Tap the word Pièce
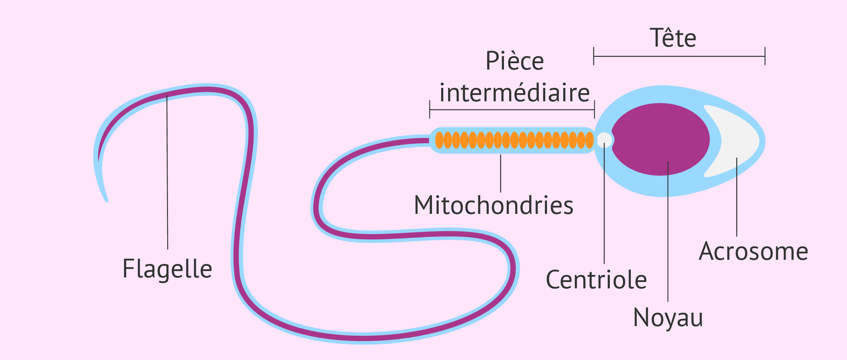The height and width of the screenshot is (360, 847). coord(515,61)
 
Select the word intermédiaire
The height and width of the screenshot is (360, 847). coord(515,93)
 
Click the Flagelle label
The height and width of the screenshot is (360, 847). coord(167,269)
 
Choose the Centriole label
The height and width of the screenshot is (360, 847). coord(596,280)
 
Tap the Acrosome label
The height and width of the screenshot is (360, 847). coord(753,251)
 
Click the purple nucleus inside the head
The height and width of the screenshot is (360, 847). coord(661,139)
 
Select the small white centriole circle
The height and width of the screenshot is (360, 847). coord(604,140)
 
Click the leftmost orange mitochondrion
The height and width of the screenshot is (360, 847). coord(439,140)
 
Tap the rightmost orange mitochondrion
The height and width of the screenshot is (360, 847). coord(589,140)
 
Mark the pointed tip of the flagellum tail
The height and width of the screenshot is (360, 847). coord(107,200)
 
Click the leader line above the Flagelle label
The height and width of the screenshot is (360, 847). coord(167,173)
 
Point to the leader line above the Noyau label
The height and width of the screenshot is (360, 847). coord(668,232)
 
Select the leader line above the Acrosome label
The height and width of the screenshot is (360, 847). coord(737,197)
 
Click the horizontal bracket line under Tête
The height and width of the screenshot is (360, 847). coord(679,56)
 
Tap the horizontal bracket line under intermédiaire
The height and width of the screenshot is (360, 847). coord(512,109)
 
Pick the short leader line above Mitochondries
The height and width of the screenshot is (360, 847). coord(500,173)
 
